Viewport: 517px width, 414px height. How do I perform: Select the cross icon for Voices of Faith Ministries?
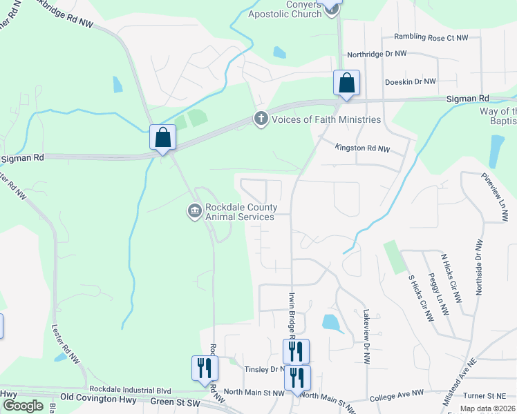pos(261,119)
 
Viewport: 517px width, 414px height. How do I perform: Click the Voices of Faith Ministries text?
pos(326,119)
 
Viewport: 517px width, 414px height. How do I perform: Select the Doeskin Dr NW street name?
pos(410,81)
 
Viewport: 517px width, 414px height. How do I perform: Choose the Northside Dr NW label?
pos(478,268)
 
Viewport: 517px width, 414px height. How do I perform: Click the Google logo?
pos(23,406)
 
